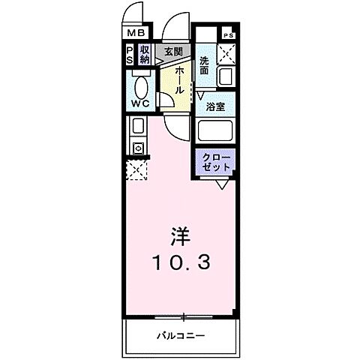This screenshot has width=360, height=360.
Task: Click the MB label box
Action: coord(135,33)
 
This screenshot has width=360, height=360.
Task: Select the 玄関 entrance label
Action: coord(173,51)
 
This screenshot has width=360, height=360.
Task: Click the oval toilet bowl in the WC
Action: coord(140,85)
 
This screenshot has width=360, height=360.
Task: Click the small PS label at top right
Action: coord(227,35)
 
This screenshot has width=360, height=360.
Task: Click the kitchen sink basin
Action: coord(138,126)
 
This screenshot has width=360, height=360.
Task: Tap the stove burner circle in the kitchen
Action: coord(138,148)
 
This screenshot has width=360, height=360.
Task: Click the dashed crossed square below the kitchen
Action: coord(136,170)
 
